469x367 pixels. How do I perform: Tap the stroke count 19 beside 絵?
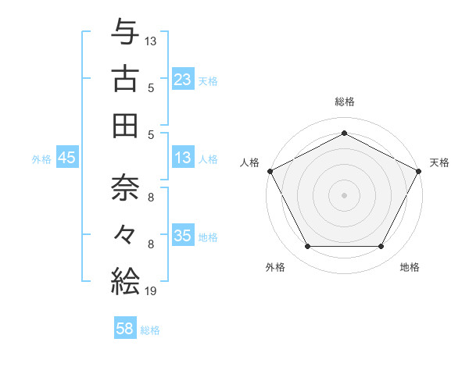[x=151, y=291]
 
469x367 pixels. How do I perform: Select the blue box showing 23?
[x=182, y=79]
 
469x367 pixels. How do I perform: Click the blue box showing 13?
[x=182, y=158]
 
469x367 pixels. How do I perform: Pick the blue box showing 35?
[x=182, y=236]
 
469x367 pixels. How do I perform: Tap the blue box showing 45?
[x=67, y=158]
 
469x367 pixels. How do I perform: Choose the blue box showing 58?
[x=125, y=330]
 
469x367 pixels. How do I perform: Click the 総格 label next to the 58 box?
[x=150, y=330]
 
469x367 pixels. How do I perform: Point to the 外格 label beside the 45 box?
[x=41, y=159]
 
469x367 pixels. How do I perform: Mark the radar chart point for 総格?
[x=344, y=133]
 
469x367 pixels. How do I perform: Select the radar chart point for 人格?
[x=270, y=170]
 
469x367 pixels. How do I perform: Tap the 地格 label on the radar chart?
[x=410, y=268]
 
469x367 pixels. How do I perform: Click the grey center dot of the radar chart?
[x=344, y=194]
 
